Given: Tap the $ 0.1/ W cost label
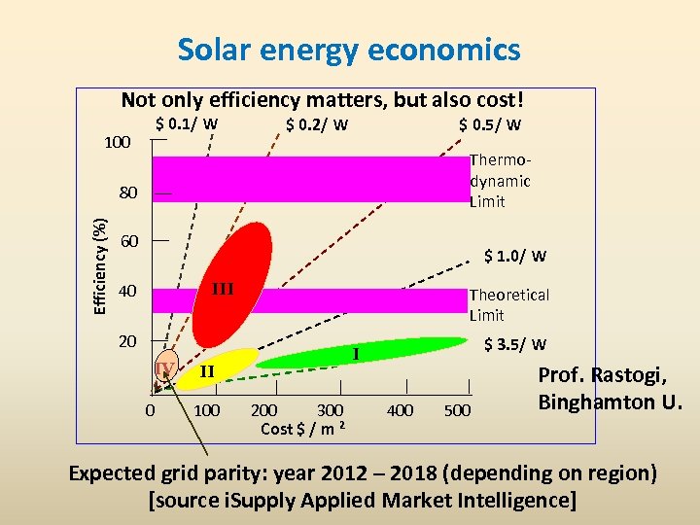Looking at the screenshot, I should tap(187, 123).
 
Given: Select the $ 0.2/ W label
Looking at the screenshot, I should tap(317, 124).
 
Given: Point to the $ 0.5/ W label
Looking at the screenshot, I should tap(490, 124).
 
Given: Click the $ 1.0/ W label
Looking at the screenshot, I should tap(515, 257).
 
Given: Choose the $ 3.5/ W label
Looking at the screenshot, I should tap(515, 344).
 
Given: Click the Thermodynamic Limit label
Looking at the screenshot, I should tap(500, 181).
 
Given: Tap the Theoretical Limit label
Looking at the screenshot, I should tap(508, 304).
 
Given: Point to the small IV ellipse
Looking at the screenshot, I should tap(165, 367).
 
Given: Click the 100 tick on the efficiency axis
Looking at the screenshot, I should tap(118, 143).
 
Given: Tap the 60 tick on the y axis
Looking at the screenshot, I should tap(128, 240).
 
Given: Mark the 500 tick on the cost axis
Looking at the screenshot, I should tap(458, 411).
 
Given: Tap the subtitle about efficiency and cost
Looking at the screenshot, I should tap(323, 100).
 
